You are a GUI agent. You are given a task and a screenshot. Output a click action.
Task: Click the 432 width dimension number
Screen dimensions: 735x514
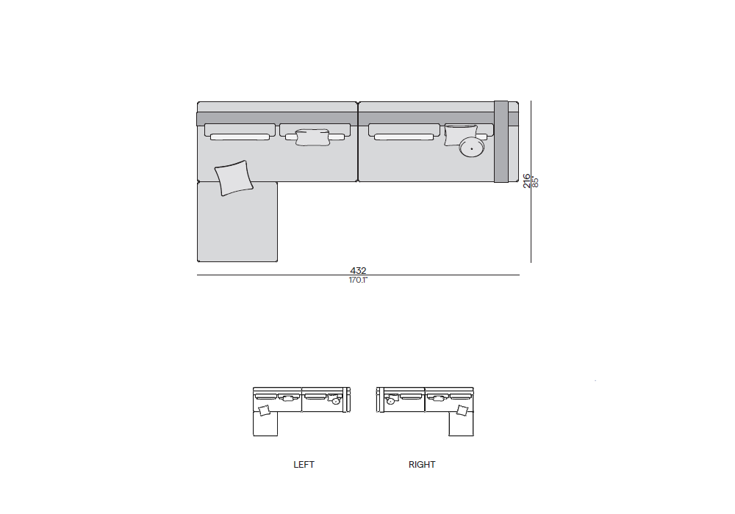point(358,270)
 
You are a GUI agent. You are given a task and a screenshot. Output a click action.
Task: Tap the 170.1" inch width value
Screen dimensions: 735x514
point(358,280)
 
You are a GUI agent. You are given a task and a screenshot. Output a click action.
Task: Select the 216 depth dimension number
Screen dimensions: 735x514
point(526,181)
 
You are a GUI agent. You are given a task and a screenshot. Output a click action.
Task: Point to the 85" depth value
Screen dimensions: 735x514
point(535,182)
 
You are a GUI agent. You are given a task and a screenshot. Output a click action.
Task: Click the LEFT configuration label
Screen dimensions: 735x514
point(304,464)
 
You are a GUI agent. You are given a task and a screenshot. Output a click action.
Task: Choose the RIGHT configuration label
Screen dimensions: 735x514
point(422,464)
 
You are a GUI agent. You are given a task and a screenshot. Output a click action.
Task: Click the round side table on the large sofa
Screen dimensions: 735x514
point(472,148)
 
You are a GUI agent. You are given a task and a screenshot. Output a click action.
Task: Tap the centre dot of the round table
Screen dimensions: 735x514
point(472,149)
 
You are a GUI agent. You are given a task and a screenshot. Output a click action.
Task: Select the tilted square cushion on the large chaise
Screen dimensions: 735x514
point(234,178)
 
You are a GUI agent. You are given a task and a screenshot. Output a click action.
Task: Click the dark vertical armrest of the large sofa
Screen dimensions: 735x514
point(501,142)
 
